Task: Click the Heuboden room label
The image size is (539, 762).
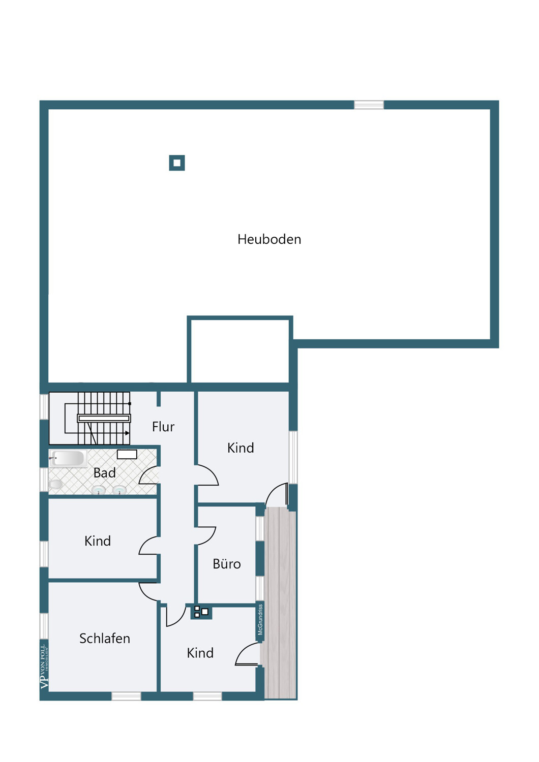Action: point(269,239)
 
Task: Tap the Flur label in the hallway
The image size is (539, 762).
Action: point(163,427)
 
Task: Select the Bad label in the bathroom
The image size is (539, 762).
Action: point(105,473)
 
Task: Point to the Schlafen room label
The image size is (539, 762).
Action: point(105,639)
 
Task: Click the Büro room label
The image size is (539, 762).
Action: point(226,564)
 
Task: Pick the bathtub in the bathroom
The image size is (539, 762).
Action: point(68,458)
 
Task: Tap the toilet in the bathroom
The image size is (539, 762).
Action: point(55,484)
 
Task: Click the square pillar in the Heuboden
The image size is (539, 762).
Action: point(177,163)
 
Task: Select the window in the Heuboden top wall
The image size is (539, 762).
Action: point(369,105)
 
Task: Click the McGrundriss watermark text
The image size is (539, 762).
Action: point(260,620)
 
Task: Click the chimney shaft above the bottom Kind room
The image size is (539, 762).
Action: point(201,612)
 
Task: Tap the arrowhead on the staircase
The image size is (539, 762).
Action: point(127,433)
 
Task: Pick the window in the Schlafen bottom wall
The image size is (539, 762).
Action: point(126,696)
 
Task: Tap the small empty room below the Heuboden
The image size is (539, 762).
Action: point(239,351)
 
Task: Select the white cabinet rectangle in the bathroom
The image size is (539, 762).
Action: point(127,455)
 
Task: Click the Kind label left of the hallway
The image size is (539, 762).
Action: point(98,541)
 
